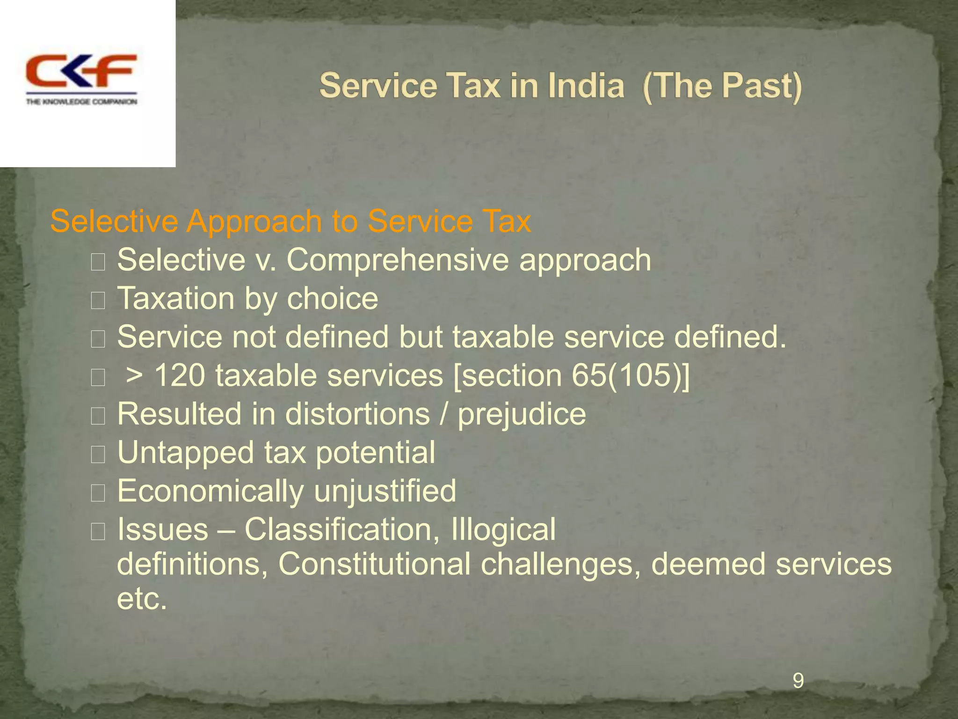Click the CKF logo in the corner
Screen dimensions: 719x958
(80, 71)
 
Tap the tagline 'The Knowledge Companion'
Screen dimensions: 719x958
(81, 102)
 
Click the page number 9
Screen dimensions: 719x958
(798, 681)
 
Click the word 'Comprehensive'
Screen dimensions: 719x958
(397, 260)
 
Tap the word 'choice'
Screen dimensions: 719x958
(332, 299)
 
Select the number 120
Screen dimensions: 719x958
(179, 375)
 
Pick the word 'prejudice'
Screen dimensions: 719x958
(522, 414)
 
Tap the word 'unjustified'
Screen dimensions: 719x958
(385, 491)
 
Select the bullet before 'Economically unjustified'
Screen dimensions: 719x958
(98, 493)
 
